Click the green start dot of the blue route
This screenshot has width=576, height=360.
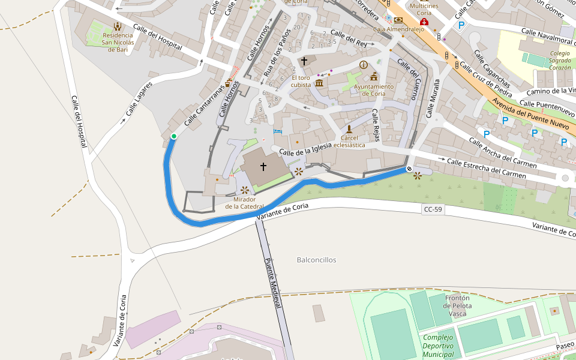click(x=174, y=137)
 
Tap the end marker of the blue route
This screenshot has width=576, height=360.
click(x=409, y=169)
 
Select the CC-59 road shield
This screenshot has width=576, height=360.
click(x=433, y=209)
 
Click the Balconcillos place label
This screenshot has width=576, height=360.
click(x=316, y=260)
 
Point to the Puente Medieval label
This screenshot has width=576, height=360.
click(x=273, y=283)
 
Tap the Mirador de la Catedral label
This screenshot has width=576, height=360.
click(x=244, y=203)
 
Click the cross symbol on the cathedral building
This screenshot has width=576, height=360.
click(x=263, y=166)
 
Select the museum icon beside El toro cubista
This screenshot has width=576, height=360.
click(x=319, y=82)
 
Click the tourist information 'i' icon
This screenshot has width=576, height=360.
click(x=363, y=64)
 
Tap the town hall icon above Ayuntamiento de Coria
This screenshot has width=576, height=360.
click(x=374, y=76)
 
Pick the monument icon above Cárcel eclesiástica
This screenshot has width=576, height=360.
click(x=349, y=129)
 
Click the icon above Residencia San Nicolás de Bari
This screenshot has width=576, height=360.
click(x=117, y=26)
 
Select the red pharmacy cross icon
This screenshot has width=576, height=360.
click(x=424, y=22)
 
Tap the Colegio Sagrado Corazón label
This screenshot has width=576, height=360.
click(x=559, y=61)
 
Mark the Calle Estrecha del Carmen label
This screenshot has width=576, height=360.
click(x=487, y=168)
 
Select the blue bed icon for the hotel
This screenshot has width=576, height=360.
click(x=277, y=130)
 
